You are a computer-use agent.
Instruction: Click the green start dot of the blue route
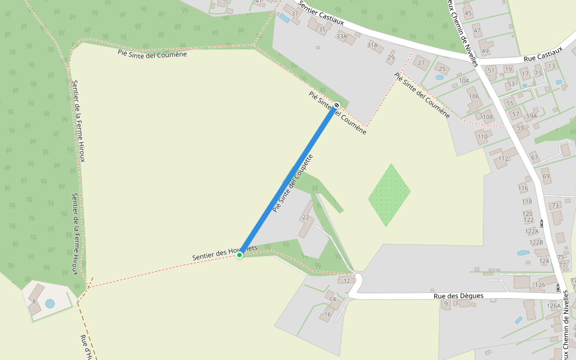point(239,255)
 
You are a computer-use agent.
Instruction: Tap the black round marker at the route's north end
point(337,105)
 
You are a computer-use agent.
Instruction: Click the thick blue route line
point(288,180)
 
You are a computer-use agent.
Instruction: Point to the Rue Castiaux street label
point(542,54)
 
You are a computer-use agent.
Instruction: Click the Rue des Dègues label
point(458,296)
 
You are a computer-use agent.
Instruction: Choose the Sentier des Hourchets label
point(224,252)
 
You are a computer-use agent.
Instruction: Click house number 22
point(305,217)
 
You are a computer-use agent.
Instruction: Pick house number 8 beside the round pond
point(34,301)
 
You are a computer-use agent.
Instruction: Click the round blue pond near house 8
point(50,304)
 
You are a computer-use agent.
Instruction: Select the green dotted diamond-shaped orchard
point(389,194)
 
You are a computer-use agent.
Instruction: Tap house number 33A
point(341,37)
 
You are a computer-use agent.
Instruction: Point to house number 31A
point(373,45)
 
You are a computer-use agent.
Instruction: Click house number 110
point(482,137)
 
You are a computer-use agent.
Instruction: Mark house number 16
point(328,314)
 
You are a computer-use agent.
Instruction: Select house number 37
point(295,14)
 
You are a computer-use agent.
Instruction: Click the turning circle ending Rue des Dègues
point(358,278)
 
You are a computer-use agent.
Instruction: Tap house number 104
point(464,80)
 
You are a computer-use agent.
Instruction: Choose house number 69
point(546,177)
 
